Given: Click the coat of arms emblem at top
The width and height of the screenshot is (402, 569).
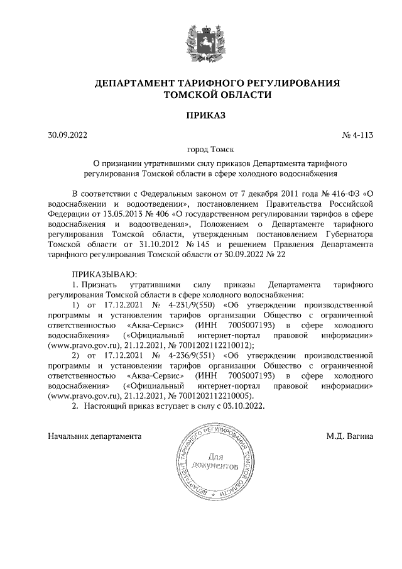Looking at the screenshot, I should coord(200,43).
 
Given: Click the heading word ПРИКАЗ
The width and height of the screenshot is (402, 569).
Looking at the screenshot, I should coord(200,114).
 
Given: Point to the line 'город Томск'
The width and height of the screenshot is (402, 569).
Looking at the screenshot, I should coord(200,149).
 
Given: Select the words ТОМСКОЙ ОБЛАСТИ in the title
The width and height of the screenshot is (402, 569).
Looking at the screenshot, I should coord(217,94).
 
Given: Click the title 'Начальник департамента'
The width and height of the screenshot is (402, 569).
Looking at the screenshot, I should coord(95,436).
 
